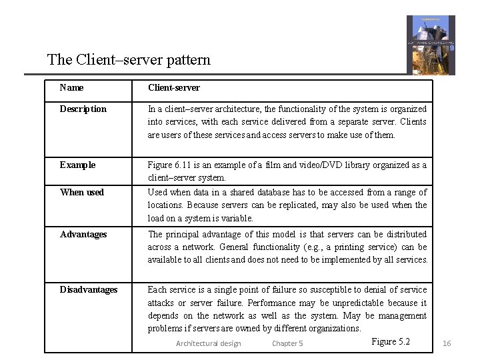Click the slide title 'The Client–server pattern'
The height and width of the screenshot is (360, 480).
click(129, 59)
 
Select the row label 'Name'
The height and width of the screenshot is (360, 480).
click(71, 87)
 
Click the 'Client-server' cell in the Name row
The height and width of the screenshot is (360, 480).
click(173, 87)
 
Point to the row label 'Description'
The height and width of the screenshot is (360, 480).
click(83, 109)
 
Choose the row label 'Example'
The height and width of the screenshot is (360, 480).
click(77, 165)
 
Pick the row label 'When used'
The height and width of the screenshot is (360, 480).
click(82, 192)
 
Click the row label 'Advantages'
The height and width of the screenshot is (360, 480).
click(83, 234)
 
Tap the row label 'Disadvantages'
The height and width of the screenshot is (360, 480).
click(88, 289)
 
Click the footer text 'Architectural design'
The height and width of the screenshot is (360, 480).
click(208, 343)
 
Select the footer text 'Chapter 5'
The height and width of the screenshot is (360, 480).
click(287, 343)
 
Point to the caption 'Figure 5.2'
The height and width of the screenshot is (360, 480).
click(390, 341)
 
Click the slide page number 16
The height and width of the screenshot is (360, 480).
click(447, 343)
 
